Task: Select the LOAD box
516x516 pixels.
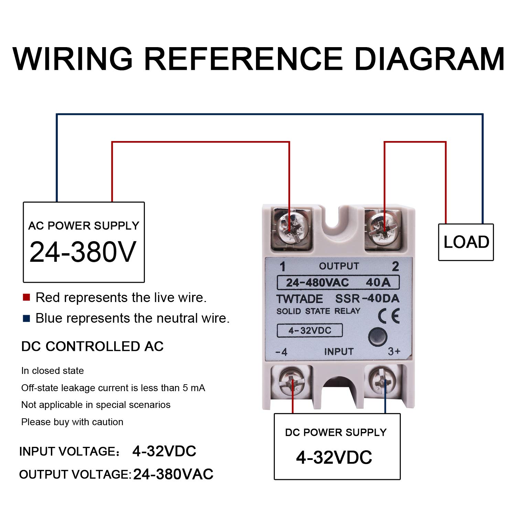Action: point(466,242)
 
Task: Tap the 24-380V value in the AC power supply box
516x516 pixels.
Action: point(83,252)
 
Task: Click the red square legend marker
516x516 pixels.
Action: point(26,297)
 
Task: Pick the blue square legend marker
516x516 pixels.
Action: point(26,318)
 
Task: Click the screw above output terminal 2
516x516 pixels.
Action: point(382,228)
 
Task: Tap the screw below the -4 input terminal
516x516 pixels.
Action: point(292,382)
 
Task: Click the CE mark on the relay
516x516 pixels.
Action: point(389,316)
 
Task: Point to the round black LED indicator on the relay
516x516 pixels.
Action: point(378,337)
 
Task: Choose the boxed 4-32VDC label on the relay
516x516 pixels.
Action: point(310,331)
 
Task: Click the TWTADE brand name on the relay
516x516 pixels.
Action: point(300,299)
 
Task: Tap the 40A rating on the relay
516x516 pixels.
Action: point(378,282)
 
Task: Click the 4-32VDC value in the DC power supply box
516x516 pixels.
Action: point(334,458)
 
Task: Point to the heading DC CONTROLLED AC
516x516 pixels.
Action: point(92,346)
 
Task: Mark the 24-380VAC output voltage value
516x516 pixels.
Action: point(173,474)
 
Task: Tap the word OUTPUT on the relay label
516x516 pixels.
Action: point(339,266)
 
